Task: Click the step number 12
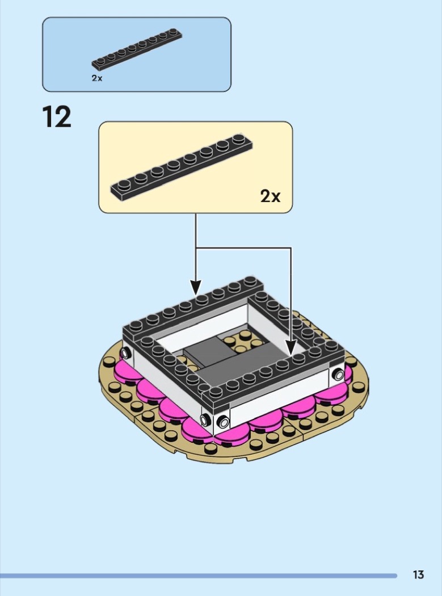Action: (x=57, y=117)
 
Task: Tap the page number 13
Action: (x=418, y=574)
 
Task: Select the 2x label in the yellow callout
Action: (x=270, y=196)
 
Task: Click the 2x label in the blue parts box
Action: (x=97, y=78)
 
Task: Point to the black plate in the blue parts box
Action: (x=137, y=49)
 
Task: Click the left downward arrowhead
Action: (x=196, y=287)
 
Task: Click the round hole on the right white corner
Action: (x=338, y=375)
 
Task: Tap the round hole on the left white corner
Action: (x=125, y=354)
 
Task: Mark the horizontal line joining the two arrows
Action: (x=243, y=248)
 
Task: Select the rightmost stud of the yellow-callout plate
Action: (x=239, y=138)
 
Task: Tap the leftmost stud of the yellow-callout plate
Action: (x=124, y=184)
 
